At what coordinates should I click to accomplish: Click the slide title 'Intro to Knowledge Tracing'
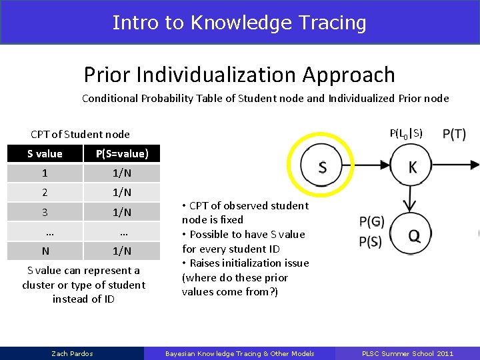click(x=239, y=22)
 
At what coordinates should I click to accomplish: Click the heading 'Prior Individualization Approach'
click(x=239, y=75)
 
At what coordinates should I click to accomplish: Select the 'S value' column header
click(x=45, y=154)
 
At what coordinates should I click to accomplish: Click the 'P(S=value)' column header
click(x=122, y=154)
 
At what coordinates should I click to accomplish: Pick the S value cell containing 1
click(x=45, y=173)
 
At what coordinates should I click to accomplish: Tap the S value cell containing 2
click(x=45, y=193)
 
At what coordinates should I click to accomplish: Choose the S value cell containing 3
click(x=45, y=212)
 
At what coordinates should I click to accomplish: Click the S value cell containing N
click(x=45, y=251)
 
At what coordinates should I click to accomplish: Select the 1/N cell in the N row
click(x=122, y=251)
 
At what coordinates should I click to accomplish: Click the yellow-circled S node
click(x=322, y=167)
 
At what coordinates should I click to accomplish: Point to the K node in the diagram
click(x=412, y=167)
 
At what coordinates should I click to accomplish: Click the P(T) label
click(x=454, y=134)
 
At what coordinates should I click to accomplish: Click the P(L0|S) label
click(x=406, y=133)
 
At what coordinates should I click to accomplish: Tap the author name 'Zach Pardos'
click(x=72, y=353)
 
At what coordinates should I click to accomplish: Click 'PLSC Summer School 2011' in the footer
click(x=407, y=353)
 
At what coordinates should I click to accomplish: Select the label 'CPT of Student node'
click(x=81, y=135)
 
